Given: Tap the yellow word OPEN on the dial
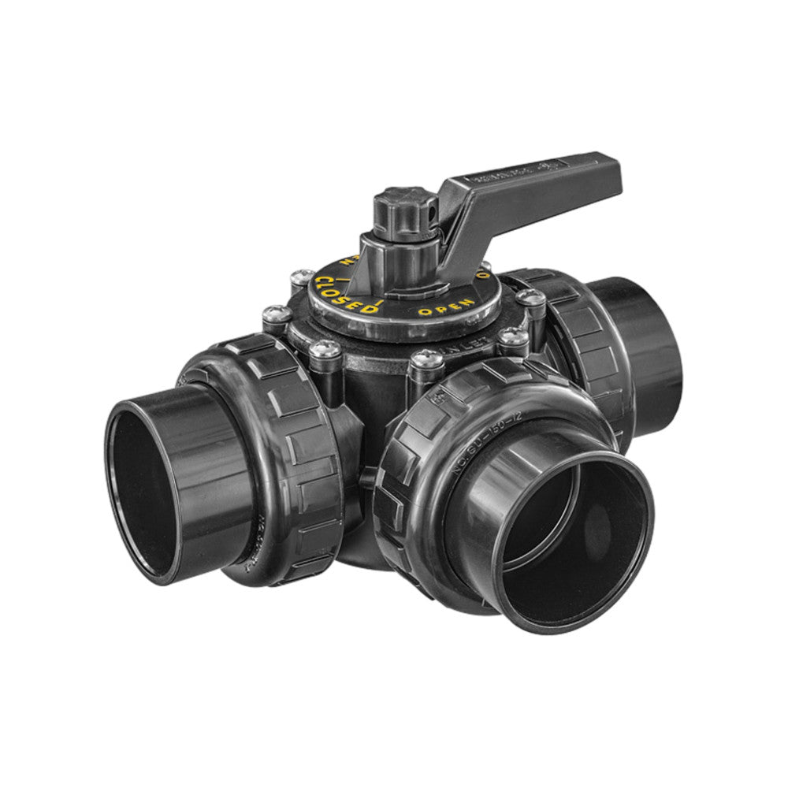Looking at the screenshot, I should point(446,307).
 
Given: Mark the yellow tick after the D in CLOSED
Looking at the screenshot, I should point(380,301).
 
